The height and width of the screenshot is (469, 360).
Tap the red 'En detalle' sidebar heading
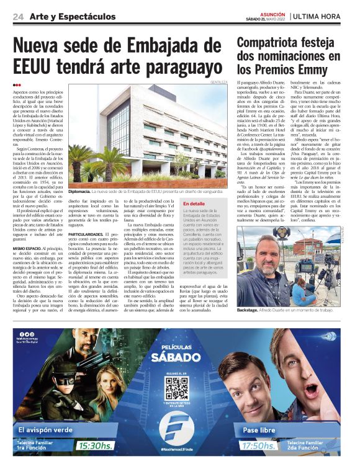point(194,203)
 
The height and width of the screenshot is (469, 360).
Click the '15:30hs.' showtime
point(97,445)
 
